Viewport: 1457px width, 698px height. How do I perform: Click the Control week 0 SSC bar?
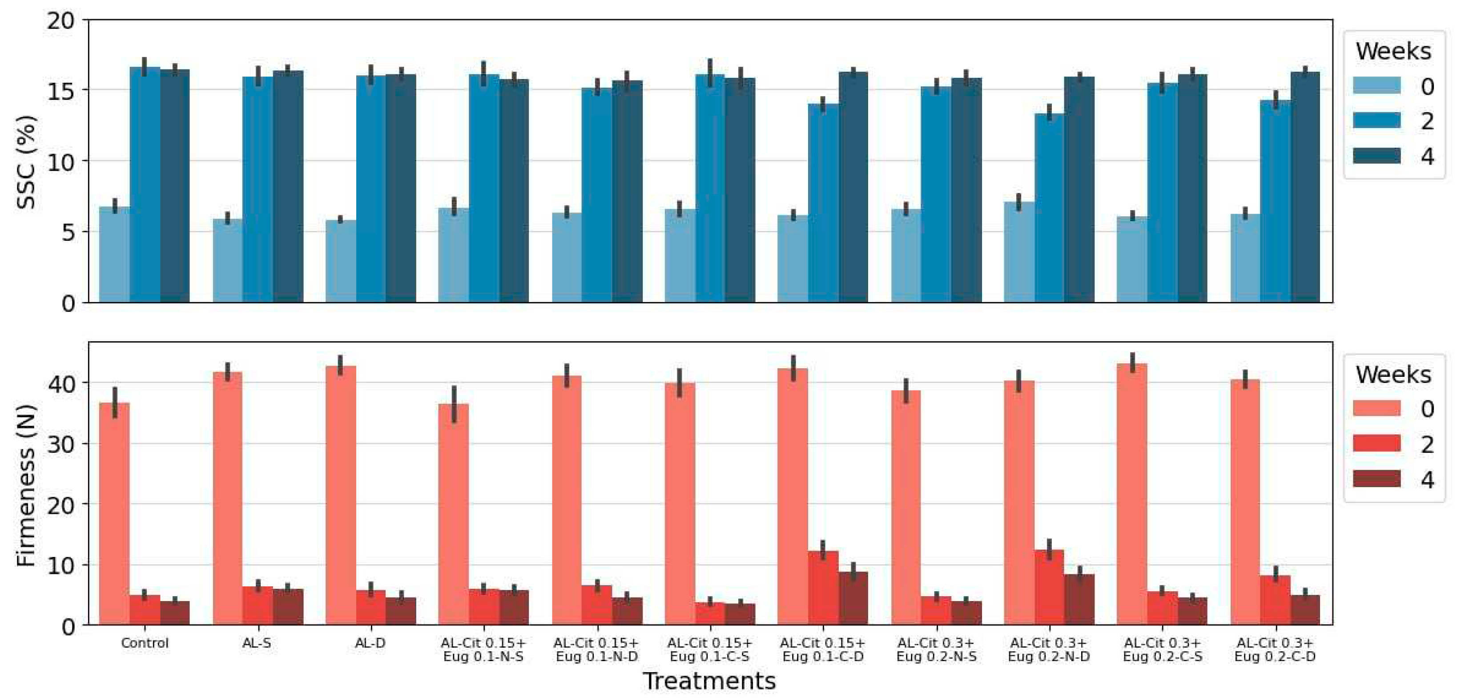click(114, 254)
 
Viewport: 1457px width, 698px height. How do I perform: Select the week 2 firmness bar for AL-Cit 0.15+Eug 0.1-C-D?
click(823, 588)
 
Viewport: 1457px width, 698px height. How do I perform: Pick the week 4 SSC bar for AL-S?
click(288, 187)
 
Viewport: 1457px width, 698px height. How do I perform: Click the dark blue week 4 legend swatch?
click(1376, 156)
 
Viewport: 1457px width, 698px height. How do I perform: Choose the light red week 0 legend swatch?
click(1376, 408)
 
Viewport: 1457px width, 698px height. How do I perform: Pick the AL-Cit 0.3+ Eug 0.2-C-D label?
click(1275, 650)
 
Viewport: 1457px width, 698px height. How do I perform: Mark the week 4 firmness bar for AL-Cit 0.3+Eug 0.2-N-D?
click(1079, 600)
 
